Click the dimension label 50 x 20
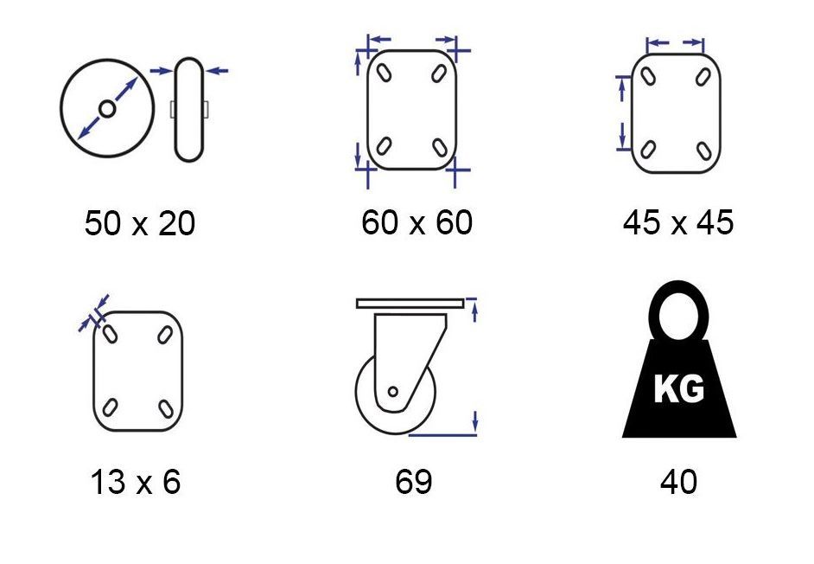point(140,223)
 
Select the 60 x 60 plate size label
point(417,222)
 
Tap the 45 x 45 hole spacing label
point(678,222)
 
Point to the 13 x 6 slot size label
point(136,481)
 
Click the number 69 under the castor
point(413,481)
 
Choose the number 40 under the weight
point(678,481)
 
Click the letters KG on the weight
point(679,388)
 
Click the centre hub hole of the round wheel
point(107,109)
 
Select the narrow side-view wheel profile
point(189,109)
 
